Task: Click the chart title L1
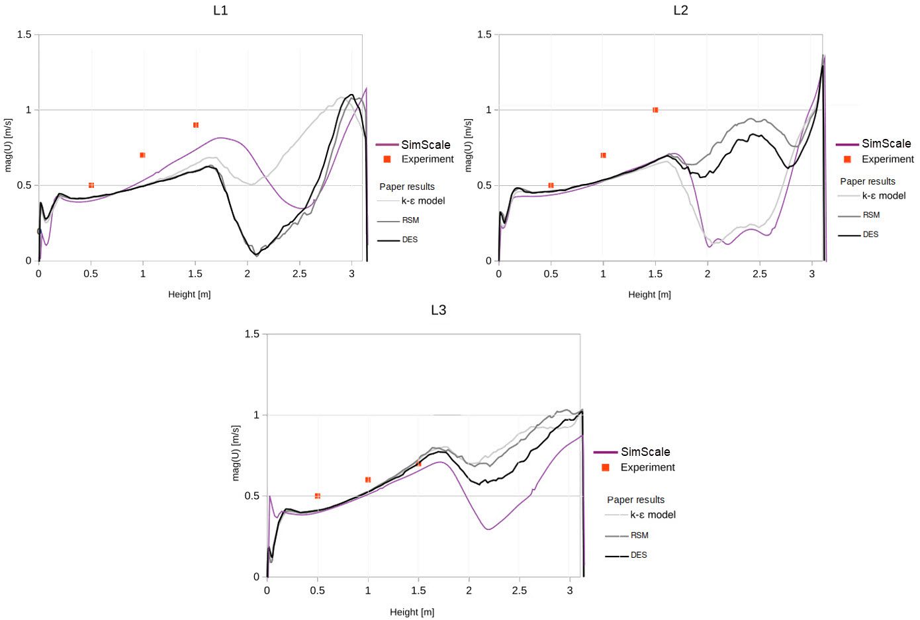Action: (x=220, y=11)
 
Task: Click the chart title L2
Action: (x=680, y=11)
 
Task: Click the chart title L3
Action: (x=438, y=310)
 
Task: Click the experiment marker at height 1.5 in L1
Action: (x=196, y=125)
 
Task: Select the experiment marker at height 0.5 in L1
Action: (x=91, y=185)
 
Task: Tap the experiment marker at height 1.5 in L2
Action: (x=655, y=110)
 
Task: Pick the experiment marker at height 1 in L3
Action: (x=368, y=480)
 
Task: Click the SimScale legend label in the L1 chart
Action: (x=426, y=145)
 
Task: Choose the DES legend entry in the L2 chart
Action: (x=870, y=234)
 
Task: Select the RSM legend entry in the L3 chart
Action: (x=639, y=535)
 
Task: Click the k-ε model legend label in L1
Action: (x=423, y=200)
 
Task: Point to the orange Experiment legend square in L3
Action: (x=605, y=467)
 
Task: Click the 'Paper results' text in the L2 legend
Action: (x=867, y=181)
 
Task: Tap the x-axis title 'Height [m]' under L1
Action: (x=189, y=294)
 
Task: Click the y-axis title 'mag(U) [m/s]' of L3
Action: (x=236, y=453)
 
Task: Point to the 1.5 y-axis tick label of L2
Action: (x=484, y=34)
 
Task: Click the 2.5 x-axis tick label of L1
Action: (x=300, y=274)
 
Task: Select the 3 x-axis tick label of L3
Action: (x=570, y=590)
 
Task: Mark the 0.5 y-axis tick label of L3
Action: (x=252, y=496)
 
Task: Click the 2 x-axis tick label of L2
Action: (x=708, y=274)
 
